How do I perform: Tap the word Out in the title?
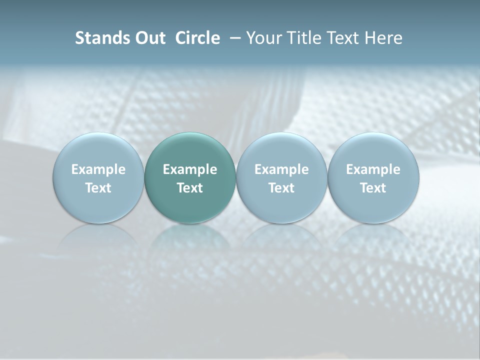(x=148, y=38)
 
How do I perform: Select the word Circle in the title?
(x=197, y=38)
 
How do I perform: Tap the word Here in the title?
(x=382, y=38)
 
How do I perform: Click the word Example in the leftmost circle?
(x=98, y=169)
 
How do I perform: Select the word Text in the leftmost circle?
(x=98, y=188)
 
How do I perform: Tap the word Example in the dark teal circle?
(x=190, y=169)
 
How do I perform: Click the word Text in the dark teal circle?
(x=190, y=188)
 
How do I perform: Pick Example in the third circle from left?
(x=281, y=169)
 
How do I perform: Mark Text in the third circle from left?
(x=281, y=188)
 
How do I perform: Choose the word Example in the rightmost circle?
(x=373, y=169)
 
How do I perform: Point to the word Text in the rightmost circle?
(x=373, y=188)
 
